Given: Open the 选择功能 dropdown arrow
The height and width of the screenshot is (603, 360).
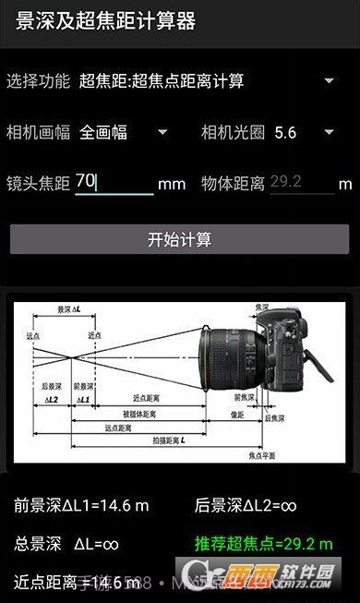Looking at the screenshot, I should pyautogui.click(x=330, y=80).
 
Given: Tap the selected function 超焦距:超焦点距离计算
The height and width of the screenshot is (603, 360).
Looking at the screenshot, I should pyautogui.click(x=162, y=81).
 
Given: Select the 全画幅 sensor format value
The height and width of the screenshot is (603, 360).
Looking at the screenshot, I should pyautogui.click(x=103, y=132).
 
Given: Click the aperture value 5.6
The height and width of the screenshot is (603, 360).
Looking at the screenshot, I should pyautogui.click(x=285, y=132).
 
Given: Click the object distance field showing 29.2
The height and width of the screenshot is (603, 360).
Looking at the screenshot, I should pyautogui.click(x=301, y=182).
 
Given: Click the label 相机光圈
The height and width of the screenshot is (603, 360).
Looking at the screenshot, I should pyautogui.click(x=233, y=132).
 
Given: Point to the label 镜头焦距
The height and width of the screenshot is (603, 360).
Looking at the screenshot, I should pyautogui.click(x=38, y=183).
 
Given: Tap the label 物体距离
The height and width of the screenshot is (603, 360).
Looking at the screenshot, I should pyautogui.click(x=233, y=183).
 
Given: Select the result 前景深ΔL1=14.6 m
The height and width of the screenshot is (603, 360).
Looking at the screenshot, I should pyautogui.click(x=81, y=505).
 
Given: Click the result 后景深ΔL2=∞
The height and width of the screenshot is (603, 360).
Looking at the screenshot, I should pyautogui.click(x=246, y=505).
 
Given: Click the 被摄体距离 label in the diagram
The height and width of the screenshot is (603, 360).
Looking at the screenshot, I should pyautogui.click(x=139, y=413).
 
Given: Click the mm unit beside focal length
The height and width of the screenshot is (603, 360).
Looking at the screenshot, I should pyautogui.click(x=172, y=184).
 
